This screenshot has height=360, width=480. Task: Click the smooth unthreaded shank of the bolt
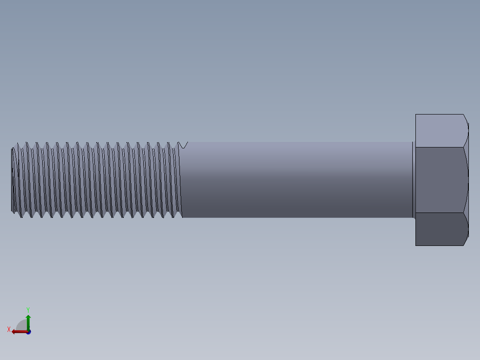pos(296,180)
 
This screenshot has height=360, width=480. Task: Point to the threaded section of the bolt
pos(96,180)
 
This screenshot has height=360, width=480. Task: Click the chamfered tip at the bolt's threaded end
pos(13,180)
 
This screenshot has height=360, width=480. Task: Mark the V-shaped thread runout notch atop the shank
pos(183,145)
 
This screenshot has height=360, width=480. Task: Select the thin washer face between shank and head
pos(414,180)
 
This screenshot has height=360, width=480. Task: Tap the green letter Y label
pos(28,309)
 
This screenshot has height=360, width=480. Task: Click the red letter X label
pos(9,330)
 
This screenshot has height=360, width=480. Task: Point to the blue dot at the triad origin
pos(28,332)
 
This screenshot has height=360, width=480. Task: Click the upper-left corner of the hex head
pos(416,115)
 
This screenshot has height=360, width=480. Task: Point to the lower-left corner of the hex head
pos(416,245)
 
